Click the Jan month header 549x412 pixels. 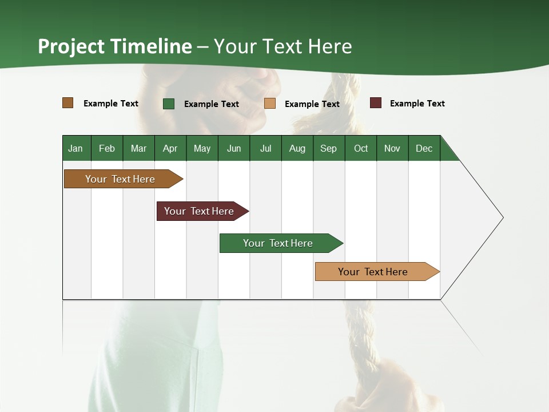point(75,148)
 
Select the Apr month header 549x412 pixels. point(170,148)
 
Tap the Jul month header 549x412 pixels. point(265,148)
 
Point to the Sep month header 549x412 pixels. point(328,148)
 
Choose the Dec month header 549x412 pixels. point(424,148)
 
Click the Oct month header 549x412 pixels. point(361,148)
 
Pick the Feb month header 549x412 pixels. point(107,148)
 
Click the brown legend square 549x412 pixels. point(67,103)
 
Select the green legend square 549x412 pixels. point(169,104)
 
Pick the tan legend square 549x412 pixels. point(270,104)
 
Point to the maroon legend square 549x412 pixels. point(376,103)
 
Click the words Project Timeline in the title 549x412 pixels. point(114,46)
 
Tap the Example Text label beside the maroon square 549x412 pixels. point(417,104)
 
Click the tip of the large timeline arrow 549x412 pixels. point(502,217)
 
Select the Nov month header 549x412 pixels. point(392,148)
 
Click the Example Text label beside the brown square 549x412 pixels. point(111,104)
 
